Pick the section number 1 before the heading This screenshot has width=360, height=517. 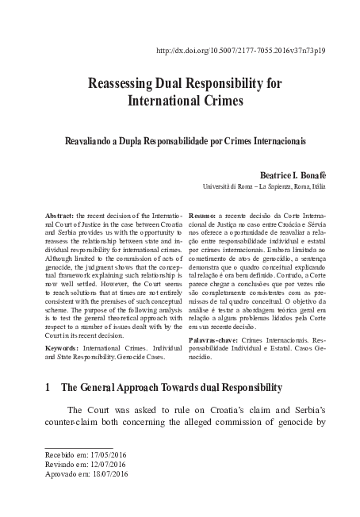(48, 409)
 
